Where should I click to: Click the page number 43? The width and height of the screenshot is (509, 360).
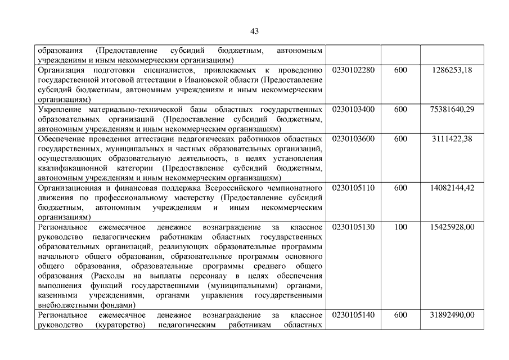coord(254,30)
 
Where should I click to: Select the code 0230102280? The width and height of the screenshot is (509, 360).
coord(353,70)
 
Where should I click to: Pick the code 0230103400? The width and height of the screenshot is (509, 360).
coord(353,109)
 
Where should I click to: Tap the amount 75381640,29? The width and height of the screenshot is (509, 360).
coord(449,109)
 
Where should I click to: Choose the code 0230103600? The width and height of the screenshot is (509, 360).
coord(353,138)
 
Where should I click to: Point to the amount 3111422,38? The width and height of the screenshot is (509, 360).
coord(452,138)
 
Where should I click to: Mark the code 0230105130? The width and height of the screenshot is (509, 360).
coord(353,227)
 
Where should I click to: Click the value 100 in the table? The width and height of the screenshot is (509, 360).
coord(400,227)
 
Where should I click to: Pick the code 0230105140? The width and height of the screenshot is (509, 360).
coord(353,315)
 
